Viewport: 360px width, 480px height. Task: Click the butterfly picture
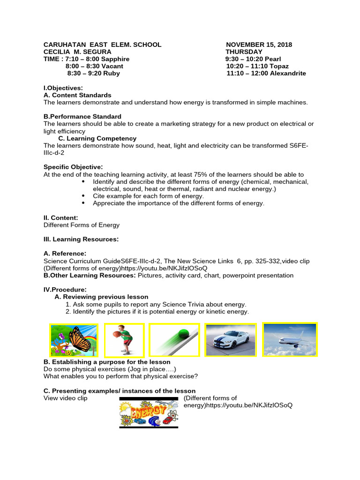[74, 340]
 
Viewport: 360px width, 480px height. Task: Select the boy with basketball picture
[124, 340]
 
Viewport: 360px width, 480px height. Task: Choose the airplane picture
[290, 339]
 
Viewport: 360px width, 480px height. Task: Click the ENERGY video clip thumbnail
[149, 412]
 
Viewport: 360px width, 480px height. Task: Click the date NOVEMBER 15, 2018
[259, 45]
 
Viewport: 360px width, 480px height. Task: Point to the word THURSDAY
[244, 52]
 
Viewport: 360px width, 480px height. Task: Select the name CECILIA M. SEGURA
[77, 52]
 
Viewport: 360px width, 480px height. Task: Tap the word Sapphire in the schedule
[115, 59]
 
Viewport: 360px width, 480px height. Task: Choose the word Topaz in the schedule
[278, 67]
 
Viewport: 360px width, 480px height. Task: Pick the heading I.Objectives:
[63, 88]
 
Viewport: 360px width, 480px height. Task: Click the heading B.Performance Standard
[82, 116]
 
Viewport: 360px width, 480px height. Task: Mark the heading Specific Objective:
[73, 167]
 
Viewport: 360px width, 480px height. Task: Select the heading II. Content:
[61, 217]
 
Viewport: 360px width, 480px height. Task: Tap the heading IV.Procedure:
[65, 290]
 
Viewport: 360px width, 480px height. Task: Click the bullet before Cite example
[84, 196]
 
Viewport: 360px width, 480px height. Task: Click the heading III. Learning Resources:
[81, 240]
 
